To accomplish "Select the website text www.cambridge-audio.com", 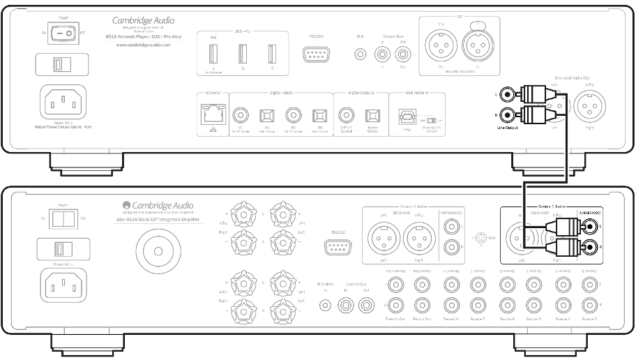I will [x=142, y=45].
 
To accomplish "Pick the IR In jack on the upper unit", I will [x=359, y=53].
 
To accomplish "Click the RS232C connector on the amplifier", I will [x=338, y=250].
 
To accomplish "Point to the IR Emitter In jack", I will [x=325, y=304].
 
